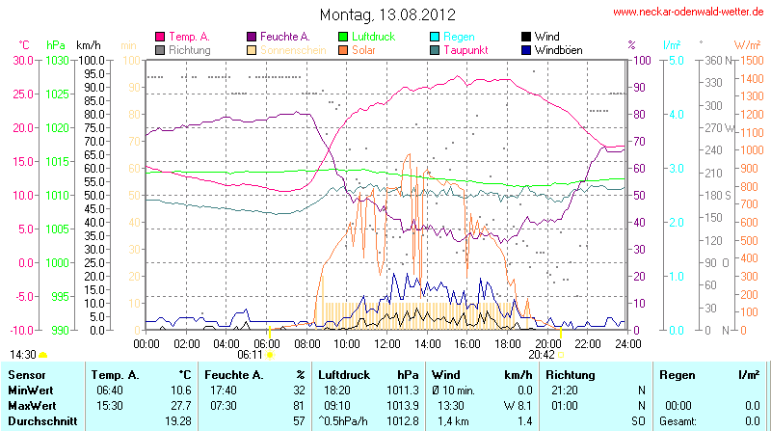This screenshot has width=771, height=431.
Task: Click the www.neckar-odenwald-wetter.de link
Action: click(x=689, y=13)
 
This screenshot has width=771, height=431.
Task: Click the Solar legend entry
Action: click(x=363, y=49)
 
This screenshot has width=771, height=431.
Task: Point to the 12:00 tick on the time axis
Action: click(x=387, y=343)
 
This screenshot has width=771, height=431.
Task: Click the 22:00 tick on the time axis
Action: click(x=588, y=343)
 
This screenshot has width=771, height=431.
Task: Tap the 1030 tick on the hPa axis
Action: click(x=57, y=60)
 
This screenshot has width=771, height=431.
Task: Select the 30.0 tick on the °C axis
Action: click(x=22, y=60)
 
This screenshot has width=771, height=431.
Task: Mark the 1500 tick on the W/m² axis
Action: click(x=748, y=60)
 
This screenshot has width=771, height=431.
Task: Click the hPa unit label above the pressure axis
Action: click(x=56, y=44)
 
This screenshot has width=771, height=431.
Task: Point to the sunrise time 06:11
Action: click(x=250, y=355)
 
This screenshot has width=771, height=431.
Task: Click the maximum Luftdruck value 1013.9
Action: click(x=398, y=405)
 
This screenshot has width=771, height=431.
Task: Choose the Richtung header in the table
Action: click(x=571, y=374)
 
